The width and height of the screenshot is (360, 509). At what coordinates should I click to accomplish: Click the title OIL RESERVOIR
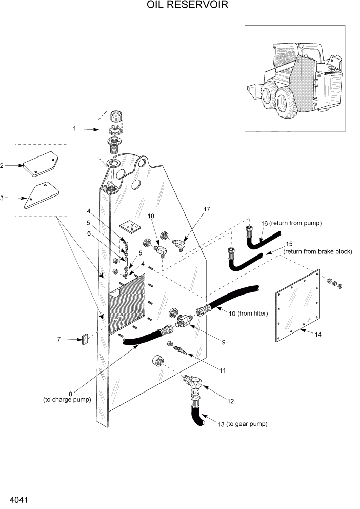179,5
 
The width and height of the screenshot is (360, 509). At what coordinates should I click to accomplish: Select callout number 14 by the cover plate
318,335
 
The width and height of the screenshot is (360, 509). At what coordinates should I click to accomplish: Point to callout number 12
231,401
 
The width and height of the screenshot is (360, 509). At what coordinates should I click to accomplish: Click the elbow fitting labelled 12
193,383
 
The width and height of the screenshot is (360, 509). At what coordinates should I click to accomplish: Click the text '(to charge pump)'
67,399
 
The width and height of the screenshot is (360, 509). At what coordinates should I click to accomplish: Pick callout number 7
59,339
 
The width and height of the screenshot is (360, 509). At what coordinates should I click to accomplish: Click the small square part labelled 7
85,339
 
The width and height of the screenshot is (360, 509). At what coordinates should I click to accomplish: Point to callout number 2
2,166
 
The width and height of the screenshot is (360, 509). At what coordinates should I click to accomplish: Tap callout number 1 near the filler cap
74,129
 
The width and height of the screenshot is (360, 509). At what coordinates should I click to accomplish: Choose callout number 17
207,209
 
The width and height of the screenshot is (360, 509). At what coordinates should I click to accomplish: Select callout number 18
151,217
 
